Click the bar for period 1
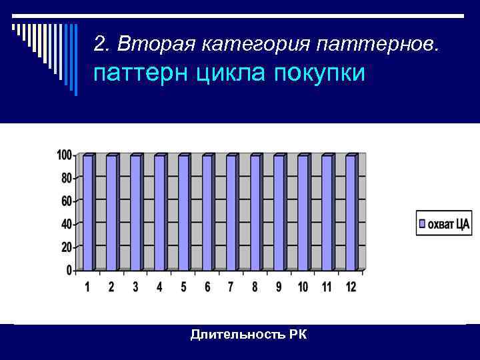point(88,212)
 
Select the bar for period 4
point(160,212)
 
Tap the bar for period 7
point(231,212)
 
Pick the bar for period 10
point(303,212)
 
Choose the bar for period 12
point(351,212)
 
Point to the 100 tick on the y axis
point(64,155)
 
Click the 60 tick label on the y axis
point(66,201)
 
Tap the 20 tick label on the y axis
point(66,247)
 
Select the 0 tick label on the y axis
point(69,270)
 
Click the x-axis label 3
point(135,287)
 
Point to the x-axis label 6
point(207,287)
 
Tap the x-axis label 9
point(279,287)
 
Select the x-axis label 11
point(327,287)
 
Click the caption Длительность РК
point(249,334)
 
